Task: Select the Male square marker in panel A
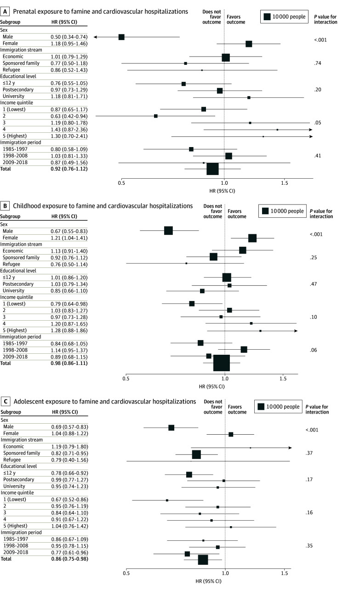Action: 121,37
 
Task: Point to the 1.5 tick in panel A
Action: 284,182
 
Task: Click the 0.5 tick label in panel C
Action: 126,574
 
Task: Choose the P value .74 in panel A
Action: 318,63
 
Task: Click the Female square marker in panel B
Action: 252,238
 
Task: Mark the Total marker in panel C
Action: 203,559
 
